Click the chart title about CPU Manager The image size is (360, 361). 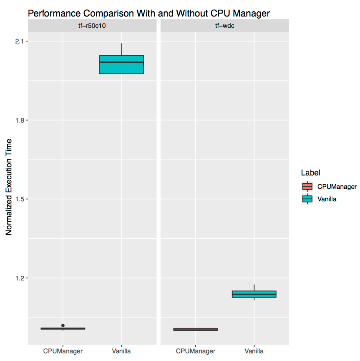point(149,13)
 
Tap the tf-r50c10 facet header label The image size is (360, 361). point(92,26)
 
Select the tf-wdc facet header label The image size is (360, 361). point(224,26)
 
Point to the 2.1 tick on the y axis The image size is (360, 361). point(19,41)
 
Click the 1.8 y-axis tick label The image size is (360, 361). point(19,120)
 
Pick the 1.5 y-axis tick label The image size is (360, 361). point(19,199)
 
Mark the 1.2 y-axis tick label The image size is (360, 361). point(19,278)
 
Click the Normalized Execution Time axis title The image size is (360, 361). point(9,187)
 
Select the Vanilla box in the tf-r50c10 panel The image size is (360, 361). point(121,65)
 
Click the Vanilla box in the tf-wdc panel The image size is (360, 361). point(254,294)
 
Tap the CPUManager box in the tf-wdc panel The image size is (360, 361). point(195,329)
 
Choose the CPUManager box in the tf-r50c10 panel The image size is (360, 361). point(63,328)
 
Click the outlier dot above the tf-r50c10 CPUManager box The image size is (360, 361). point(63,325)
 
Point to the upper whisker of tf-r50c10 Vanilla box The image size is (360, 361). point(121,49)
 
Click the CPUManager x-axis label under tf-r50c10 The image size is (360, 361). point(63,351)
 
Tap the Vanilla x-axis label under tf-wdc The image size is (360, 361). point(254,351)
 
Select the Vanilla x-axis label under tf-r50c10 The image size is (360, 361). point(121,351)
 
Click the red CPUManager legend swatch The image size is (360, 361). point(307,186)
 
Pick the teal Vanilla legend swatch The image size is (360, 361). point(307,199)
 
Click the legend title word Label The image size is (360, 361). point(310,173)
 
